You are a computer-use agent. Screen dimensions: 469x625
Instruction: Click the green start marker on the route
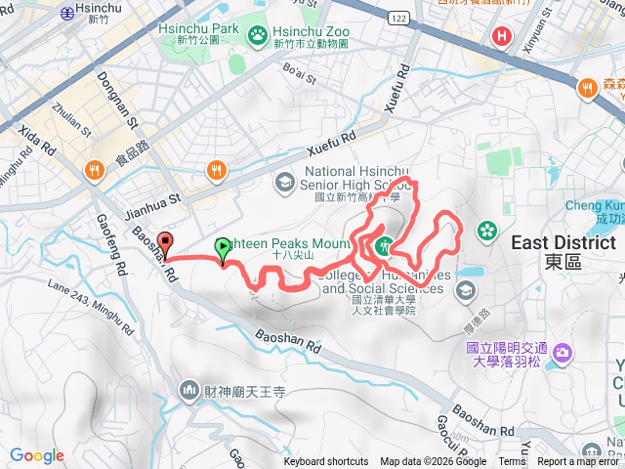click(223, 248)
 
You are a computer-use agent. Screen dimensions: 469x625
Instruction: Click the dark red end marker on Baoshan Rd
click(165, 242)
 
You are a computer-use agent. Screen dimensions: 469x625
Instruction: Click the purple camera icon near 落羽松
click(562, 352)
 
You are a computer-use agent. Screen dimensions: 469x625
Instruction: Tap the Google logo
click(37, 455)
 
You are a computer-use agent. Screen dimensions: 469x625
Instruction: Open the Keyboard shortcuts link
click(326, 462)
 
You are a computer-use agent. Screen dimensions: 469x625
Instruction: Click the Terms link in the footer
click(512, 462)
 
